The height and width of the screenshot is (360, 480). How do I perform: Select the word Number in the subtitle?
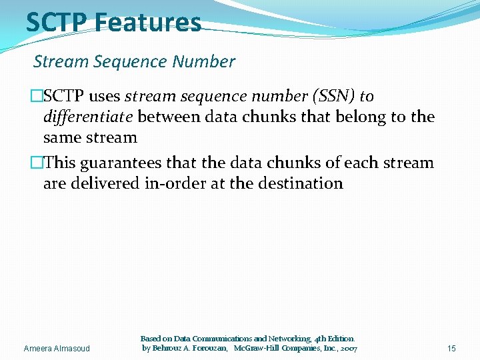pyautogui.click(x=203, y=62)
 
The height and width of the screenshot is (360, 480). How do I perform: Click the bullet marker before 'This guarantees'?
pyautogui.click(x=37, y=163)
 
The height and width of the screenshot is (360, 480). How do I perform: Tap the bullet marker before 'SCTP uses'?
pyautogui.click(x=37, y=97)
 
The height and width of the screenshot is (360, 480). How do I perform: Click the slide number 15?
pyautogui.click(x=451, y=349)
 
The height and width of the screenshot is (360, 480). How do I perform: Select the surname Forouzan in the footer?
pyautogui.click(x=205, y=349)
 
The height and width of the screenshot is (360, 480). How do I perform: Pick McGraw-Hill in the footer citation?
pyautogui.click(x=257, y=349)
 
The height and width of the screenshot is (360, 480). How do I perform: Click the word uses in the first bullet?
pyautogui.click(x=104, y=97)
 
